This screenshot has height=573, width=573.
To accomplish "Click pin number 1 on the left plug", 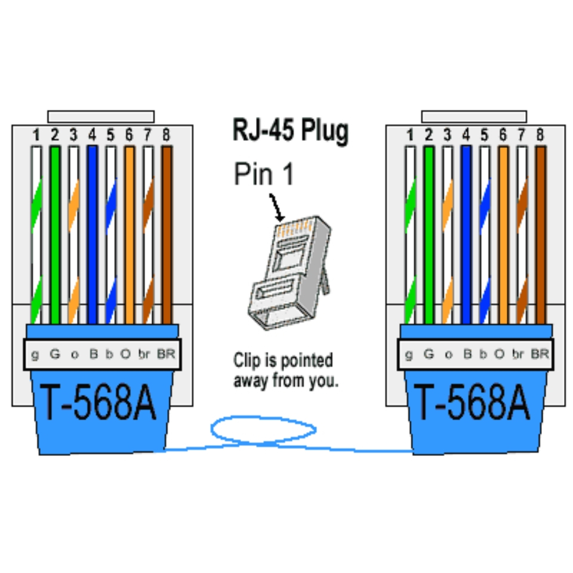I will [x=36, y=135].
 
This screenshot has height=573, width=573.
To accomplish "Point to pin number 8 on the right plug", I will [x=540, y=135].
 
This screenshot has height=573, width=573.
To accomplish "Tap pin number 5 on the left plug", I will [x=110, y=135].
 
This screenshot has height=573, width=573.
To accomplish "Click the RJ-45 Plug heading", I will [x=290, y=130].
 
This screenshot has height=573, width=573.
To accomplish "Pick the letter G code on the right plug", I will [x=428, y=355].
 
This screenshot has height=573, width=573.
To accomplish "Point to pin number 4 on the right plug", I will [x=466, y=135].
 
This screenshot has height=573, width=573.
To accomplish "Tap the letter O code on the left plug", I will [x=125, y=355].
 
